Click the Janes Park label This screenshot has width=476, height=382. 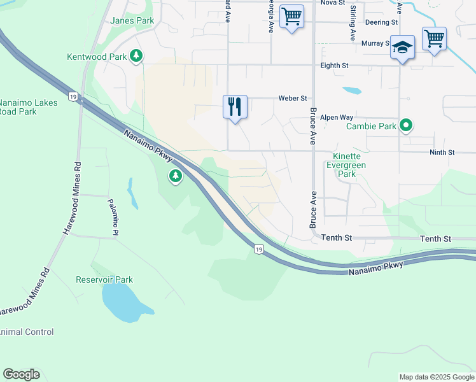(x=132, y=20)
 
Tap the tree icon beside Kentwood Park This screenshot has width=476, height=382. (x=136, y=57)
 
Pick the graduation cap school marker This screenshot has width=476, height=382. (x=403, y=47)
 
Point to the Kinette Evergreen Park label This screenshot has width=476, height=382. (x=346, y=165)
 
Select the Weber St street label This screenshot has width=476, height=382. (x=293, y=98)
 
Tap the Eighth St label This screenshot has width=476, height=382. (x=332, y=65)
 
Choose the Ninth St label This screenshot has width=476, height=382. (x=442, y=153)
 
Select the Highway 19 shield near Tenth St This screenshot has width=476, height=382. (x=258, y=249)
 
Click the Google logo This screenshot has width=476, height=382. (x=21, y=374)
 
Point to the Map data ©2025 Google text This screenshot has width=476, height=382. (x=436, y=377)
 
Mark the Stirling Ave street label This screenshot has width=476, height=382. (x=352, y=23)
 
